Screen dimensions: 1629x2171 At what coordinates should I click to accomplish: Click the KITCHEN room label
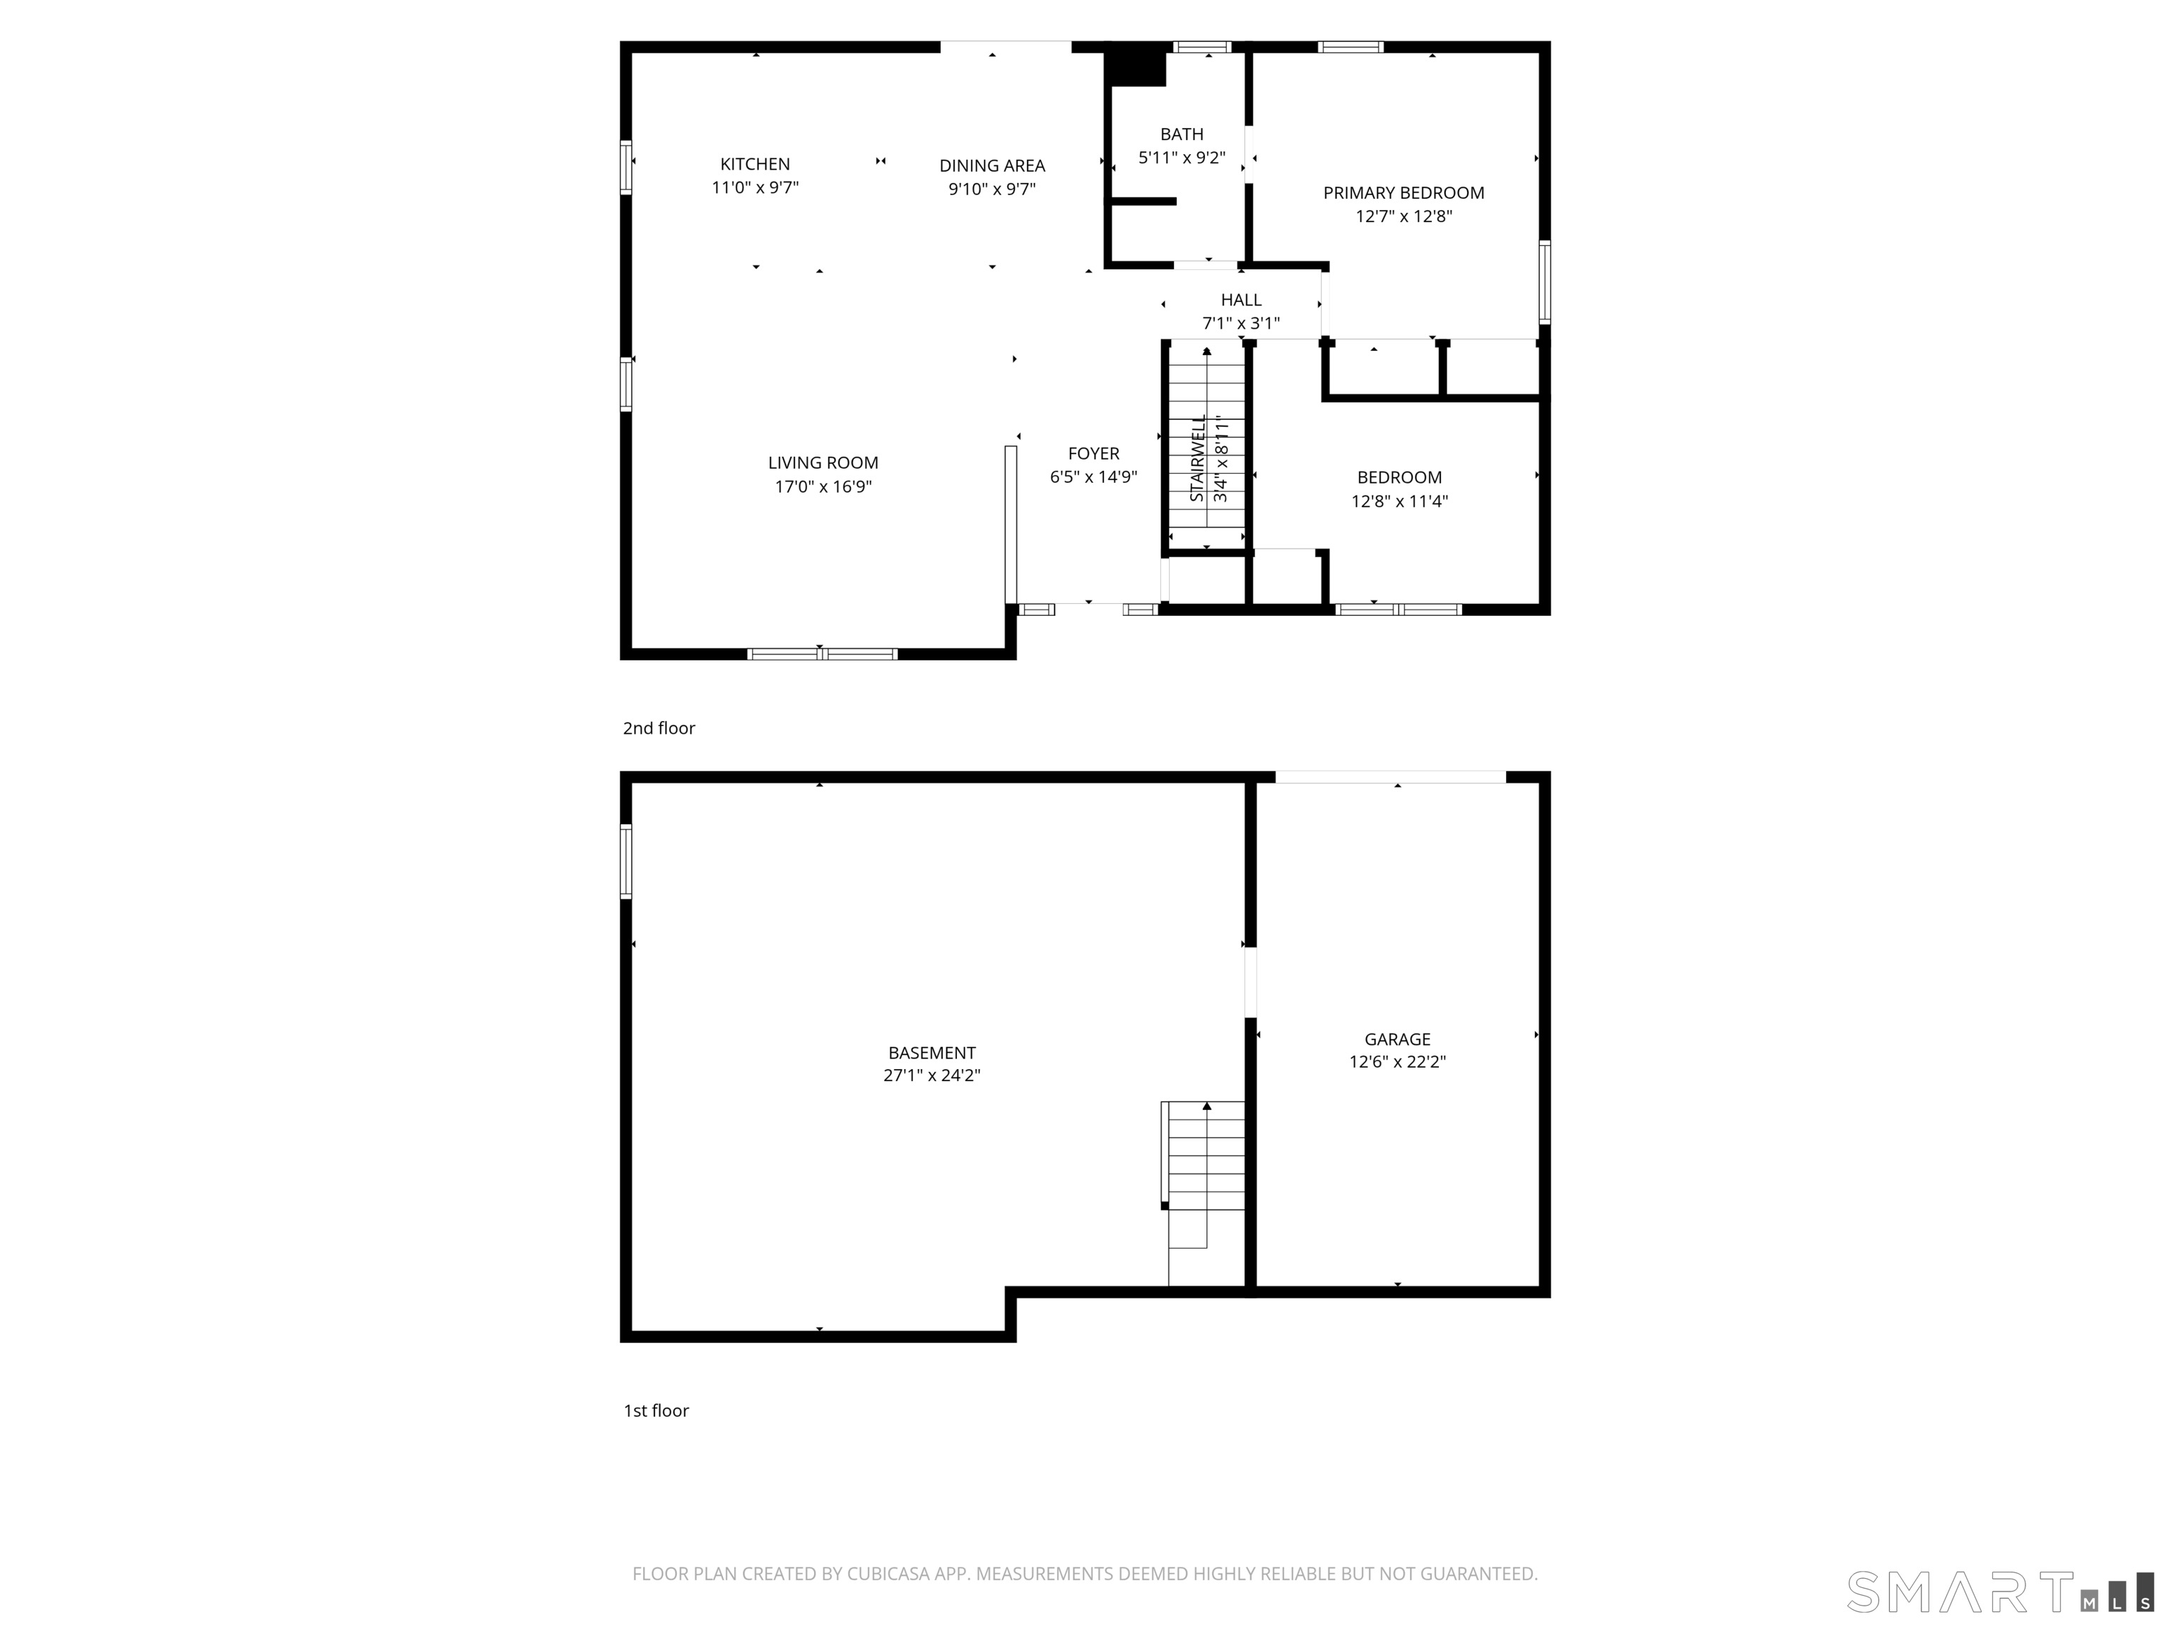click(x=755, y=164)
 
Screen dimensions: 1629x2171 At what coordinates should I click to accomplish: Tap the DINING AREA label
click(x=992, y=166)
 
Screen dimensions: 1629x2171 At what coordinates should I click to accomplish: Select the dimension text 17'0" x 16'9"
click(x=823, y=487)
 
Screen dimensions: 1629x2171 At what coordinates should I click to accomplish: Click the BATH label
click(x=1181, y=134)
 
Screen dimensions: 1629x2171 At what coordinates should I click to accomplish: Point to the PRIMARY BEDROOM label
click(x=1403, y=194)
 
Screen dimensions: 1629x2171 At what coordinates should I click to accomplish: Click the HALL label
click(x=1240, y=300)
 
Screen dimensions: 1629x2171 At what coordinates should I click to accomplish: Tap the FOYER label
click(x=1093, y=454)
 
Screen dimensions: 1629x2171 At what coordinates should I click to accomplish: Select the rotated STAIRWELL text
click(x=1197, y=459)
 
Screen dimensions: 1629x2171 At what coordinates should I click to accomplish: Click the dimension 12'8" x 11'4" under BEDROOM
click(x=1399, y=502)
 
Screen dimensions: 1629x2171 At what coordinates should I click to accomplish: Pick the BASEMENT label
click(x=931, y=1053)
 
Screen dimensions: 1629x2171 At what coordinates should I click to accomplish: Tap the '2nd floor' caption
click(x=659, y=728)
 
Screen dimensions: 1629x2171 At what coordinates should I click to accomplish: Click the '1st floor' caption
click(x=656, y=1410)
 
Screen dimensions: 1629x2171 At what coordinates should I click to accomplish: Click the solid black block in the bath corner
click(x=1136, y=69)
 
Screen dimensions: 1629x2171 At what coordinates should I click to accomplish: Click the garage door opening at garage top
click(x=1390, y=777)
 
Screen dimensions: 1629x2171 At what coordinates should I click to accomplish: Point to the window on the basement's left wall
click(x=626, y=861)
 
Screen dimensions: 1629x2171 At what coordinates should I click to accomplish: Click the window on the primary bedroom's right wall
click(x=1544, y=282)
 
